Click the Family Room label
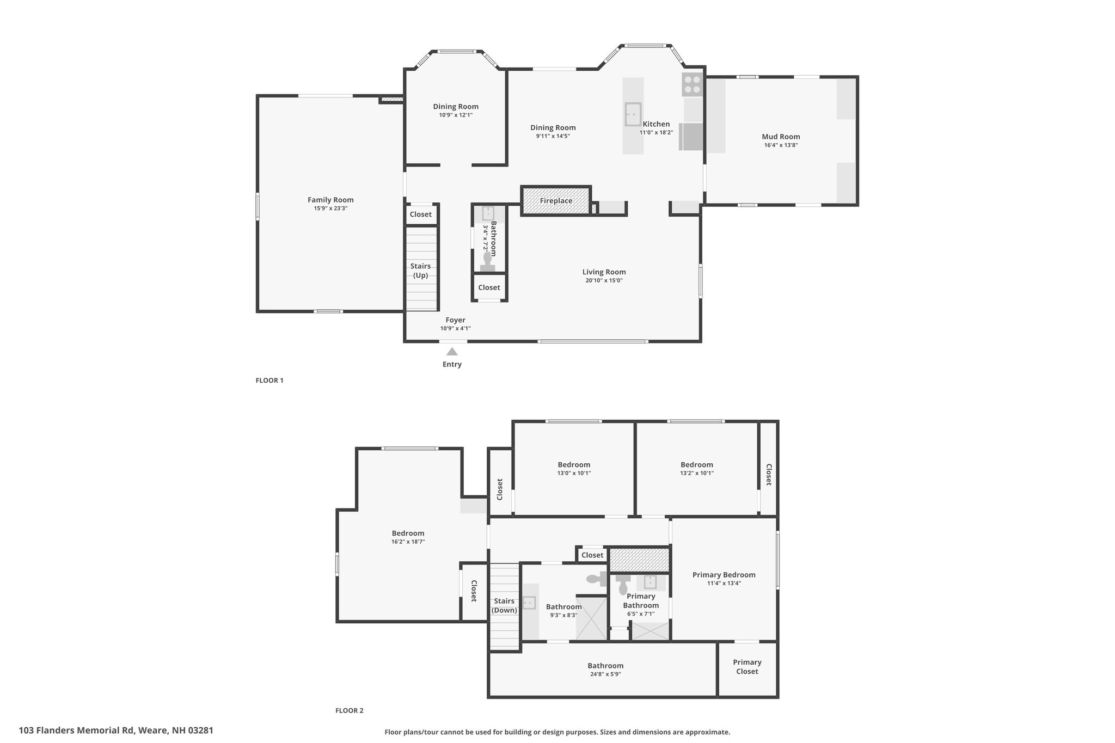(330, 200)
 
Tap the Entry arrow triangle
(452, 352)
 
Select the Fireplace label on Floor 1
(556, 201)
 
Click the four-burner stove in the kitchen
(693, 84)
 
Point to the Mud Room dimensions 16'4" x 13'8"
(781, 145)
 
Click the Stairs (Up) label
(420, 271)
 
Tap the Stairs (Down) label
(504, 606)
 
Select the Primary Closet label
(747, 667)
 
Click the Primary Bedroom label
(724, 575)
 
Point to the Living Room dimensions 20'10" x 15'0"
(604, 281)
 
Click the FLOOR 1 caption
(269, 380)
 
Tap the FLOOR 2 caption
(349, 710)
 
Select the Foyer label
(455, 320)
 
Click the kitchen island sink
(633, 114)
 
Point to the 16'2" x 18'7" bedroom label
(408, 542)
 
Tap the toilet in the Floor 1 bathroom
(487, 262)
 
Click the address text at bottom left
(116, 730)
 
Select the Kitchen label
(656, 124)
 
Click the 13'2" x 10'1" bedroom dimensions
(696, 474)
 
